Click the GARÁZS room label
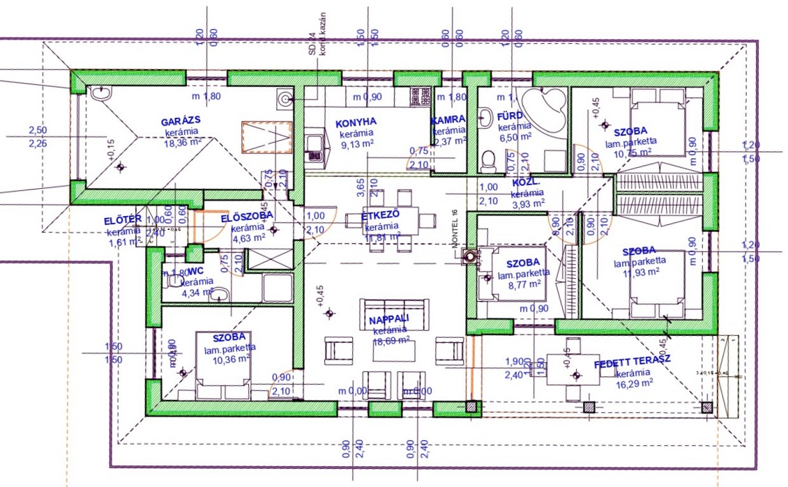coord(180,120)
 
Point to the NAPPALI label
coord(389,320)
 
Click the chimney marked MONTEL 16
coord(472,256)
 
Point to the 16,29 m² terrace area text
coord(635,383)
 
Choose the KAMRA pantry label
coord(448,120)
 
